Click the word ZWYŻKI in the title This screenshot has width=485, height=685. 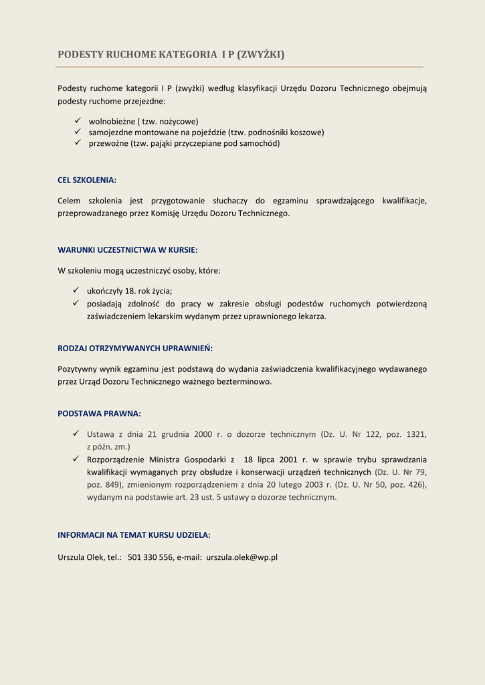262,54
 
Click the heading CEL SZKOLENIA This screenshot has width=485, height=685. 87,180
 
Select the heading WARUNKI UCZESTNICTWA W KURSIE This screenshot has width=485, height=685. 127,250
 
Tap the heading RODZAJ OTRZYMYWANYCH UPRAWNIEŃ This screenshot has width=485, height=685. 135,349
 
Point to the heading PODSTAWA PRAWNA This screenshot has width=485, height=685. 99,413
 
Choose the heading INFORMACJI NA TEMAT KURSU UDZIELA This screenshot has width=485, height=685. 134,535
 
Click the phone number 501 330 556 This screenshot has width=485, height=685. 150,557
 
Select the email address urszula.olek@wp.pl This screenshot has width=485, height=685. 241,557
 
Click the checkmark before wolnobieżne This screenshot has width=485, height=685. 77,121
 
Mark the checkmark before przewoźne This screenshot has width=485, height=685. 77,143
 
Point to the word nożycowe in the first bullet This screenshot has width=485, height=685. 178,122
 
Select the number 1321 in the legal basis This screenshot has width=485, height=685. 416,434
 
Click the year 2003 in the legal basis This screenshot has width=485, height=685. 312,484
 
